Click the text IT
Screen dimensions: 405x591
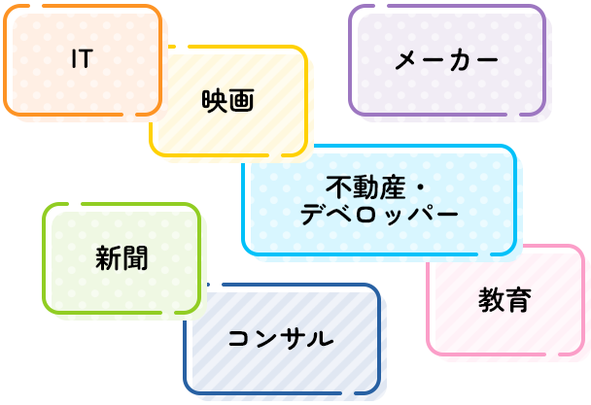tap(82, 59)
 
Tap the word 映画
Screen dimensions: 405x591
tap(227, 100)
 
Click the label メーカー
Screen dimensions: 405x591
tap(446, 61)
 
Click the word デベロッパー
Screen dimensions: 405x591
tap(378, 215)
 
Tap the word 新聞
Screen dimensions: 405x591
tap(122, 258)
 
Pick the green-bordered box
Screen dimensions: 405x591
tap(78, 291)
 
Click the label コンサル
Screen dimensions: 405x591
tap(280, 339)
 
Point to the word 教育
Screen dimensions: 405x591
tap(504, 299)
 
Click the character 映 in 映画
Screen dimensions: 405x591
tap(214, 100)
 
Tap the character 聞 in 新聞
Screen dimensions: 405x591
tap(135, 258)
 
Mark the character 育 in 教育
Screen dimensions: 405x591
tap(518, 299)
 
